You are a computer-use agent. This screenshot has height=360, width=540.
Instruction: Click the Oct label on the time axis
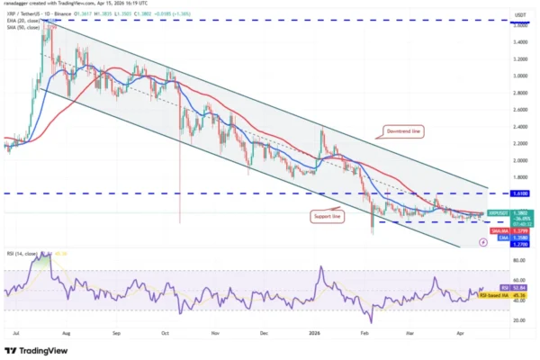click(x=165, y=332)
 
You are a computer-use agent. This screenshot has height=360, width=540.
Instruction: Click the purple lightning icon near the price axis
click(x=484, y=255)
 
